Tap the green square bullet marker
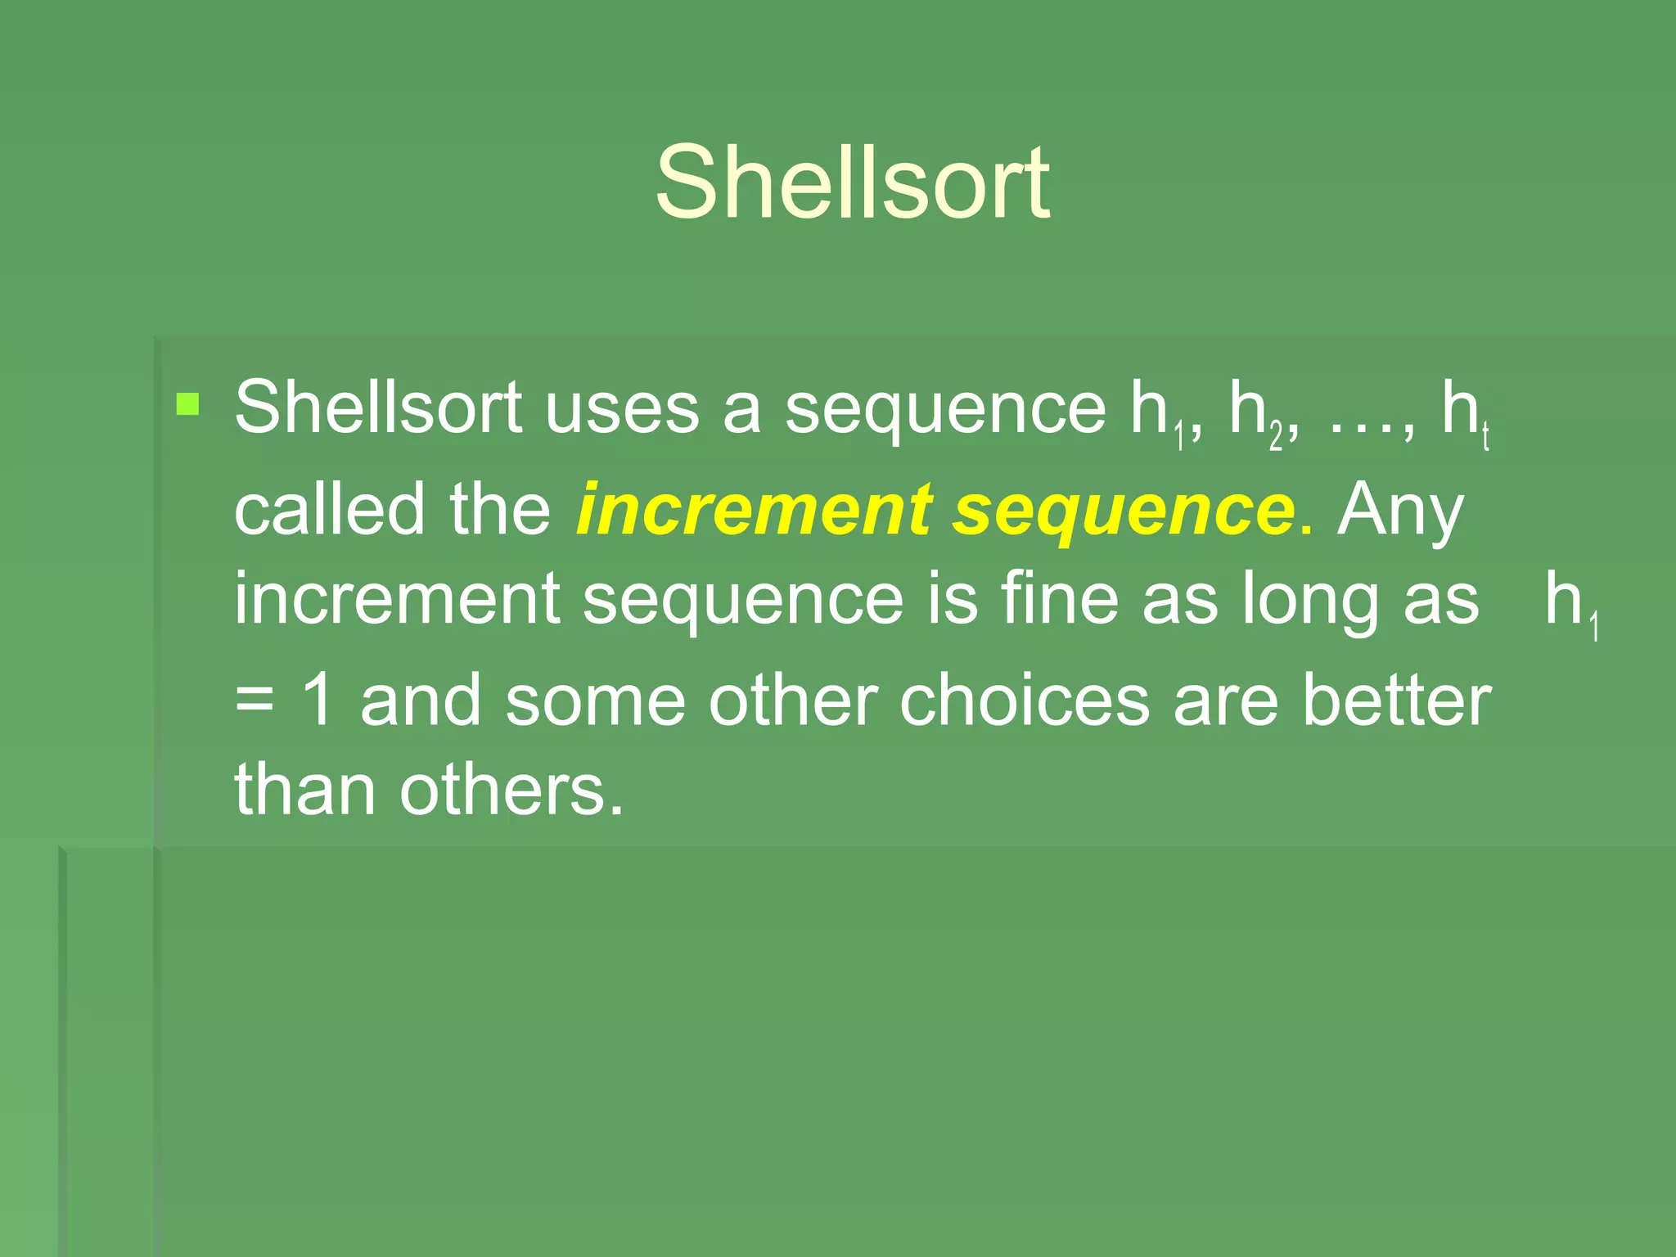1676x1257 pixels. coord(187,404)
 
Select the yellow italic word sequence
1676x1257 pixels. coord(1124,512)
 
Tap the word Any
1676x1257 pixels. coord(1400,512)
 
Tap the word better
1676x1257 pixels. coord(1396,701)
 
